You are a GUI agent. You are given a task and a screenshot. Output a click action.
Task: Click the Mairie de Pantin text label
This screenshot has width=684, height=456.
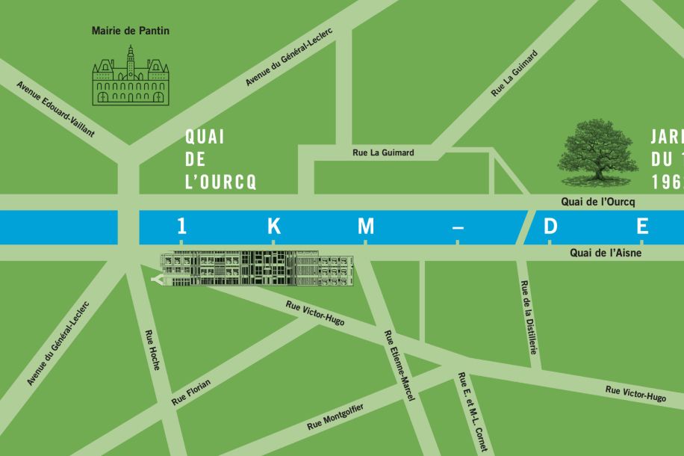(x=131, y=31)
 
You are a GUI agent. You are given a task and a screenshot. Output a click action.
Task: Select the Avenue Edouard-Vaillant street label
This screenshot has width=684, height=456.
(x=55, y=109)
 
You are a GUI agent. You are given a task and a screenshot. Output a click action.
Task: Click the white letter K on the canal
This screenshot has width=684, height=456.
(x=273, y=226)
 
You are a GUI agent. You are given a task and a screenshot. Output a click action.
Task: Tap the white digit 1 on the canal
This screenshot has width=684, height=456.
(x=181, y=226)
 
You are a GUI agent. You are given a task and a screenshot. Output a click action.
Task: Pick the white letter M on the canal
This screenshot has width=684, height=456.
(x=365, y=226)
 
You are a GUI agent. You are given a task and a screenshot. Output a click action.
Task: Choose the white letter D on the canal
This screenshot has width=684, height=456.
(x=550, y=226)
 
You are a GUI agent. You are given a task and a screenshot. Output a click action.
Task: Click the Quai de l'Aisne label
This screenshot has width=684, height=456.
(x=606, y=253)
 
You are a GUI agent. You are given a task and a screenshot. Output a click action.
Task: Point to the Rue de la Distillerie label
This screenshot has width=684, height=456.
(x=528, y=317)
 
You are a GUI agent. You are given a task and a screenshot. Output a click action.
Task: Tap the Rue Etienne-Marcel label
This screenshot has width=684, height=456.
(x=399, y=366)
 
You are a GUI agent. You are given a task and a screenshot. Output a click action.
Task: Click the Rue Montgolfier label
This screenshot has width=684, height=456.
(x=335, y=416)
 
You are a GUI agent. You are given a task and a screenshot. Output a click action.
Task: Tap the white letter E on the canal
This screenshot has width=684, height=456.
(x=642, y=226)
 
